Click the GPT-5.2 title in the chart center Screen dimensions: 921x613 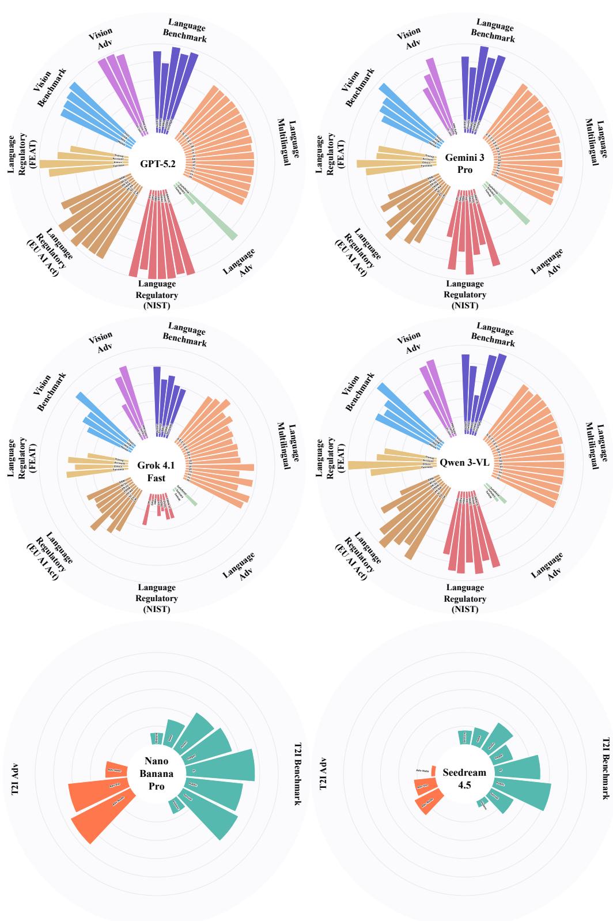pyautogui.click(x=157, y=163)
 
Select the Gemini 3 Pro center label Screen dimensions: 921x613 pyautogui.click(x=465, y=163)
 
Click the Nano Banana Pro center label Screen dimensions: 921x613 pyautogui.click(x=156, y=774)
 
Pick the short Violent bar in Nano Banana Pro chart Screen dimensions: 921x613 pyautogui.click(x=176, y=806)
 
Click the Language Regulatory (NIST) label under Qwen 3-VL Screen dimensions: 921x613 pyautogui.click(x=465, y=598)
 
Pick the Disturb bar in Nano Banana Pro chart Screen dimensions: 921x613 pyautogui.click(x=156, y=738)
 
